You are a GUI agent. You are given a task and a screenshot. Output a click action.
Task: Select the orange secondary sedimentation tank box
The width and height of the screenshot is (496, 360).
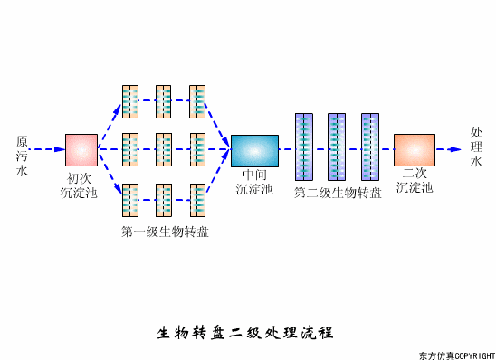point(414,149)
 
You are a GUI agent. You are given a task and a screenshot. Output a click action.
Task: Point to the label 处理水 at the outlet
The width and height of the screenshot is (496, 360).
point(476,147)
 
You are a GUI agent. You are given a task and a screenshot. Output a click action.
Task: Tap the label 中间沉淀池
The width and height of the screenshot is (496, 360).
point(253,182)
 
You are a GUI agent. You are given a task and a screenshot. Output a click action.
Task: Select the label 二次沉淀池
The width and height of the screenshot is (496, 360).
point(414,181)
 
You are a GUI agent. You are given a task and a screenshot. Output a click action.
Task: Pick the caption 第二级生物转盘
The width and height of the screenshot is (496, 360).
point(338,192)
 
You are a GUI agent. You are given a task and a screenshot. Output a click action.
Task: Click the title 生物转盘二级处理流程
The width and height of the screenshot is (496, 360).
point(246,332)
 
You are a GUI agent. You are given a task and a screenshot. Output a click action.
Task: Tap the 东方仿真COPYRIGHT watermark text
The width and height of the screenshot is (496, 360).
point(456,354)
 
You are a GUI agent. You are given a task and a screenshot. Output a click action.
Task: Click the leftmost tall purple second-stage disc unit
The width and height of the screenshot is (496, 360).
point(303,147)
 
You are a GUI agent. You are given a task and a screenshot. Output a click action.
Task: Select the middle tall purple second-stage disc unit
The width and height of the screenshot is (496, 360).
point(337,147)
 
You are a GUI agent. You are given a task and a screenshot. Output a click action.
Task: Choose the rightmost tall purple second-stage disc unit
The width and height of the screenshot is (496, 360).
point(369,147)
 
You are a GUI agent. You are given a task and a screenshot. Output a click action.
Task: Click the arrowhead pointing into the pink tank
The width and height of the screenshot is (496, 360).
point(59,148)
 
